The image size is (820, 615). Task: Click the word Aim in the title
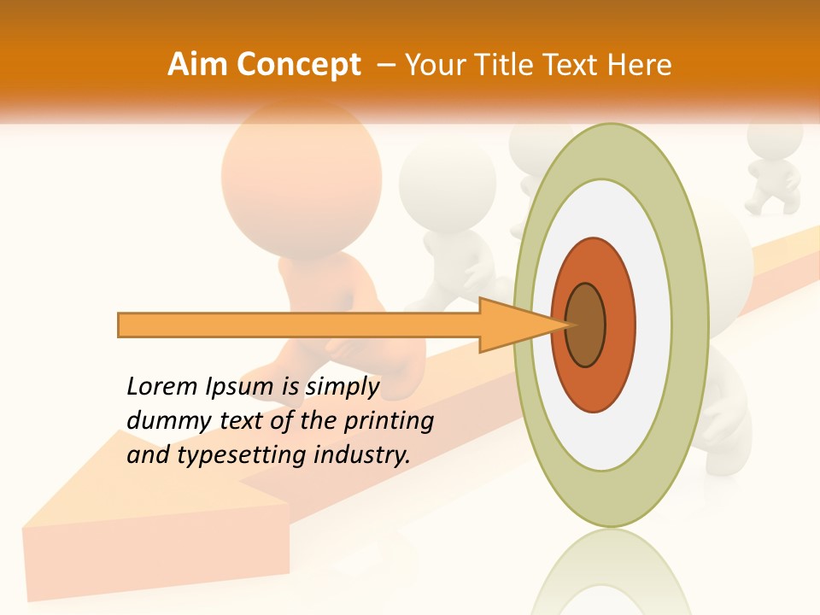click(x=198, y=65)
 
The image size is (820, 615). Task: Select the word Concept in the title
click(x=297, y=65)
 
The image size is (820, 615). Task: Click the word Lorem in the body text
click(x=161, y=387)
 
